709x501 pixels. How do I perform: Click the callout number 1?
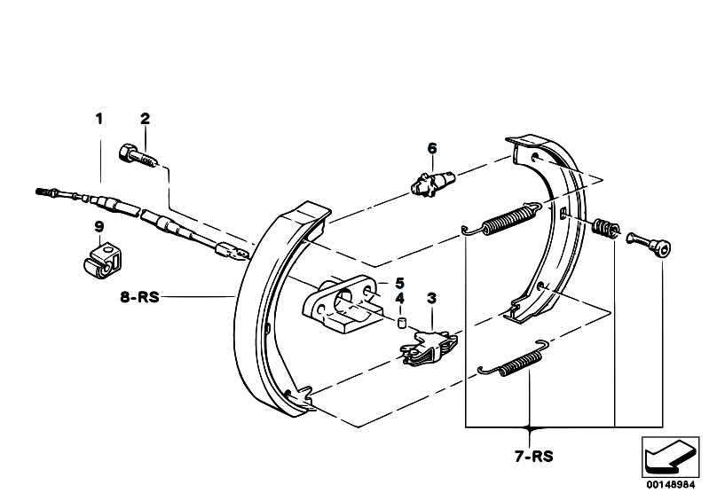pos(99,119)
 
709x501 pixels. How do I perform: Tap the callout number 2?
pos(145,119)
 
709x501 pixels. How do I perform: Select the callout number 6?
pos(432,148)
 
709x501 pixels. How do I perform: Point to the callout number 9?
pos(99,226)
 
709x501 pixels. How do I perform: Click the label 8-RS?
pos(139,297)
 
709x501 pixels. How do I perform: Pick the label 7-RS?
pos(533,457)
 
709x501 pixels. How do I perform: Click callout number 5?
pos(399,283)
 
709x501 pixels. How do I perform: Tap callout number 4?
pos(399,299)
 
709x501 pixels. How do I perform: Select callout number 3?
pos(432,298)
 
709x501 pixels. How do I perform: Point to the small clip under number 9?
pos(102,261)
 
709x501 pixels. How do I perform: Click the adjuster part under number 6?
pos(434,182)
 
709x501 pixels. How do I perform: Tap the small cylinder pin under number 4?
pos(401,324)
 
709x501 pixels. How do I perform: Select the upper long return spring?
pos(502,219)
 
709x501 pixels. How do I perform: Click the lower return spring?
pos(513,359)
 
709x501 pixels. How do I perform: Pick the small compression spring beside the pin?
pos(605,227)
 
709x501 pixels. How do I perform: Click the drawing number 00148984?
pos(670,485)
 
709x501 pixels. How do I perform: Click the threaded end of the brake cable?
pos(46,192)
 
